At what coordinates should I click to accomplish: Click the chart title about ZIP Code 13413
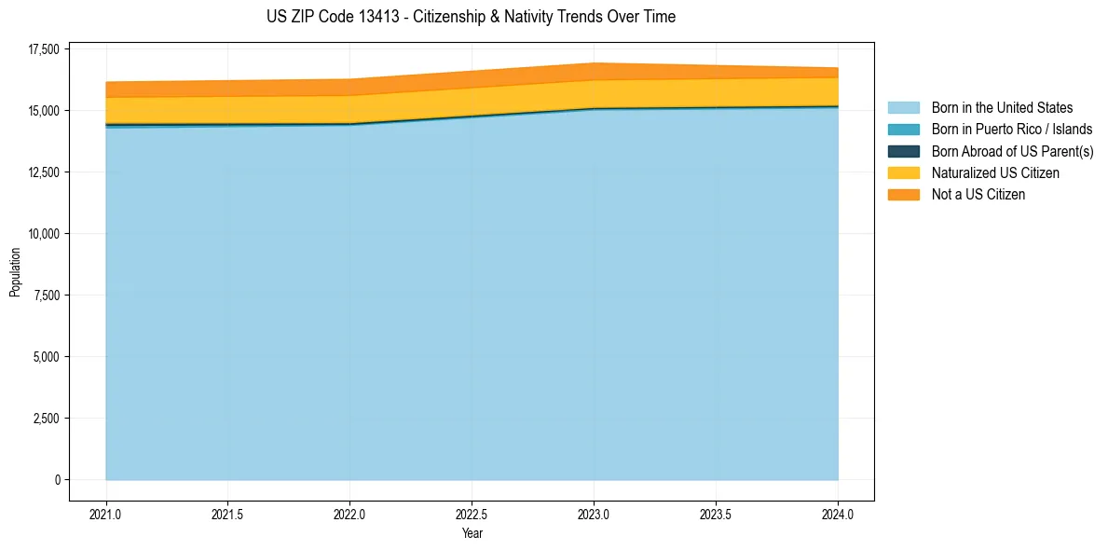coord(471,17)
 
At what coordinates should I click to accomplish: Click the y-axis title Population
coord(15,272)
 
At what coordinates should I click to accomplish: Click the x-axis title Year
coord(472,533)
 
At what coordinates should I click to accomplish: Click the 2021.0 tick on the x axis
coord(106,514)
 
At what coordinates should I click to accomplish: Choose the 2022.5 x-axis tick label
coord(472,514)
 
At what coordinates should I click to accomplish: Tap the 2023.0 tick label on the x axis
coord(594,514)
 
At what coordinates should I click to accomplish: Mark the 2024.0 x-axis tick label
coord(838,514)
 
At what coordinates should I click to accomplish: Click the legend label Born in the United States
coord(1002,108)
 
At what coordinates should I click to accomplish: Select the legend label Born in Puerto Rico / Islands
coord(1012,130)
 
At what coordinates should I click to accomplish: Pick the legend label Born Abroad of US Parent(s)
coord(1012,151)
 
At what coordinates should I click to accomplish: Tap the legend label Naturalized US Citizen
coord(995,173)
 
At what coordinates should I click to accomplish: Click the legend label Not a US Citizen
coord(978,195)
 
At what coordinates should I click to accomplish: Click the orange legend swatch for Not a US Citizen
coord(903,195)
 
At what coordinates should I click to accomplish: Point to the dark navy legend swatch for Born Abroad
coord(903,151)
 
